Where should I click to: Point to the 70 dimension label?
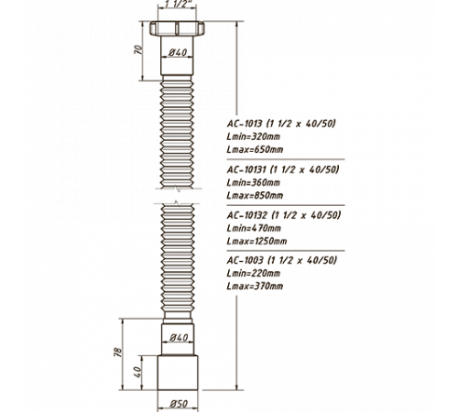click(138, 49)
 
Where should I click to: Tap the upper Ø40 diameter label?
click(178, 52)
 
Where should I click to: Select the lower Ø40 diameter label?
click(179, 338)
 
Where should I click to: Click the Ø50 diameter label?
click(179, 404)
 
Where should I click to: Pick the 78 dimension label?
click(118, 352)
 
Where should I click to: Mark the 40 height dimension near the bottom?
click(138, 372)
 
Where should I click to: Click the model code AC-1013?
click(245, 124)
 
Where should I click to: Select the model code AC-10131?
click(246, 169)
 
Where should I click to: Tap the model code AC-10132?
click(247, 215)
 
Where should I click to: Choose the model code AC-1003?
click(245, 260)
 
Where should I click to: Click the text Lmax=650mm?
click(255, 150)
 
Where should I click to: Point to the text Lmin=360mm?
click(254, 183)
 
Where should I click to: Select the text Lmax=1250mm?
click(256, 242)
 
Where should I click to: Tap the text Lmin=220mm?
click(254, 273)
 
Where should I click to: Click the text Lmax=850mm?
click(255, 195)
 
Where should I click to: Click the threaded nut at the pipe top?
click(177, 28)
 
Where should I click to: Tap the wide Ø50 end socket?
click(178, 373)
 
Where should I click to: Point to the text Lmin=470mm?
click(254, 228)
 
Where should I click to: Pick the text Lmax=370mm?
click(255, 287)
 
